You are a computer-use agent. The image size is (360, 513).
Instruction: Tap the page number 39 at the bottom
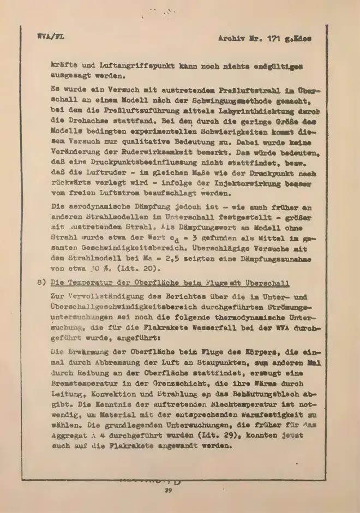tap(169, 491)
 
